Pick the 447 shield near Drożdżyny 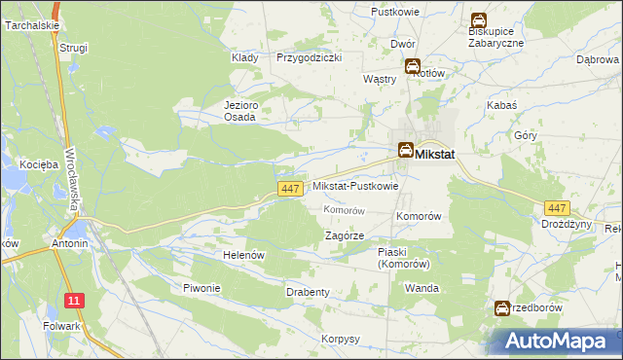pyautogui.click(x=557, y=208)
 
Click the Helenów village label pyautogui.click(x=243, y=254)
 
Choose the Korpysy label pyautogui.click(x=341, y=339)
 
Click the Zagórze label pyautogui.click(x=345, y=235)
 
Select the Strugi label pyautogui.click(x=73, y=47)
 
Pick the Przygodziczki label pyautogui.click(x=309, y=57)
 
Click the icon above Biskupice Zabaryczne pyautogui.click(x=479, y=19)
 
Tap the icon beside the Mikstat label pyautogui.click(x=404, y=150)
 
